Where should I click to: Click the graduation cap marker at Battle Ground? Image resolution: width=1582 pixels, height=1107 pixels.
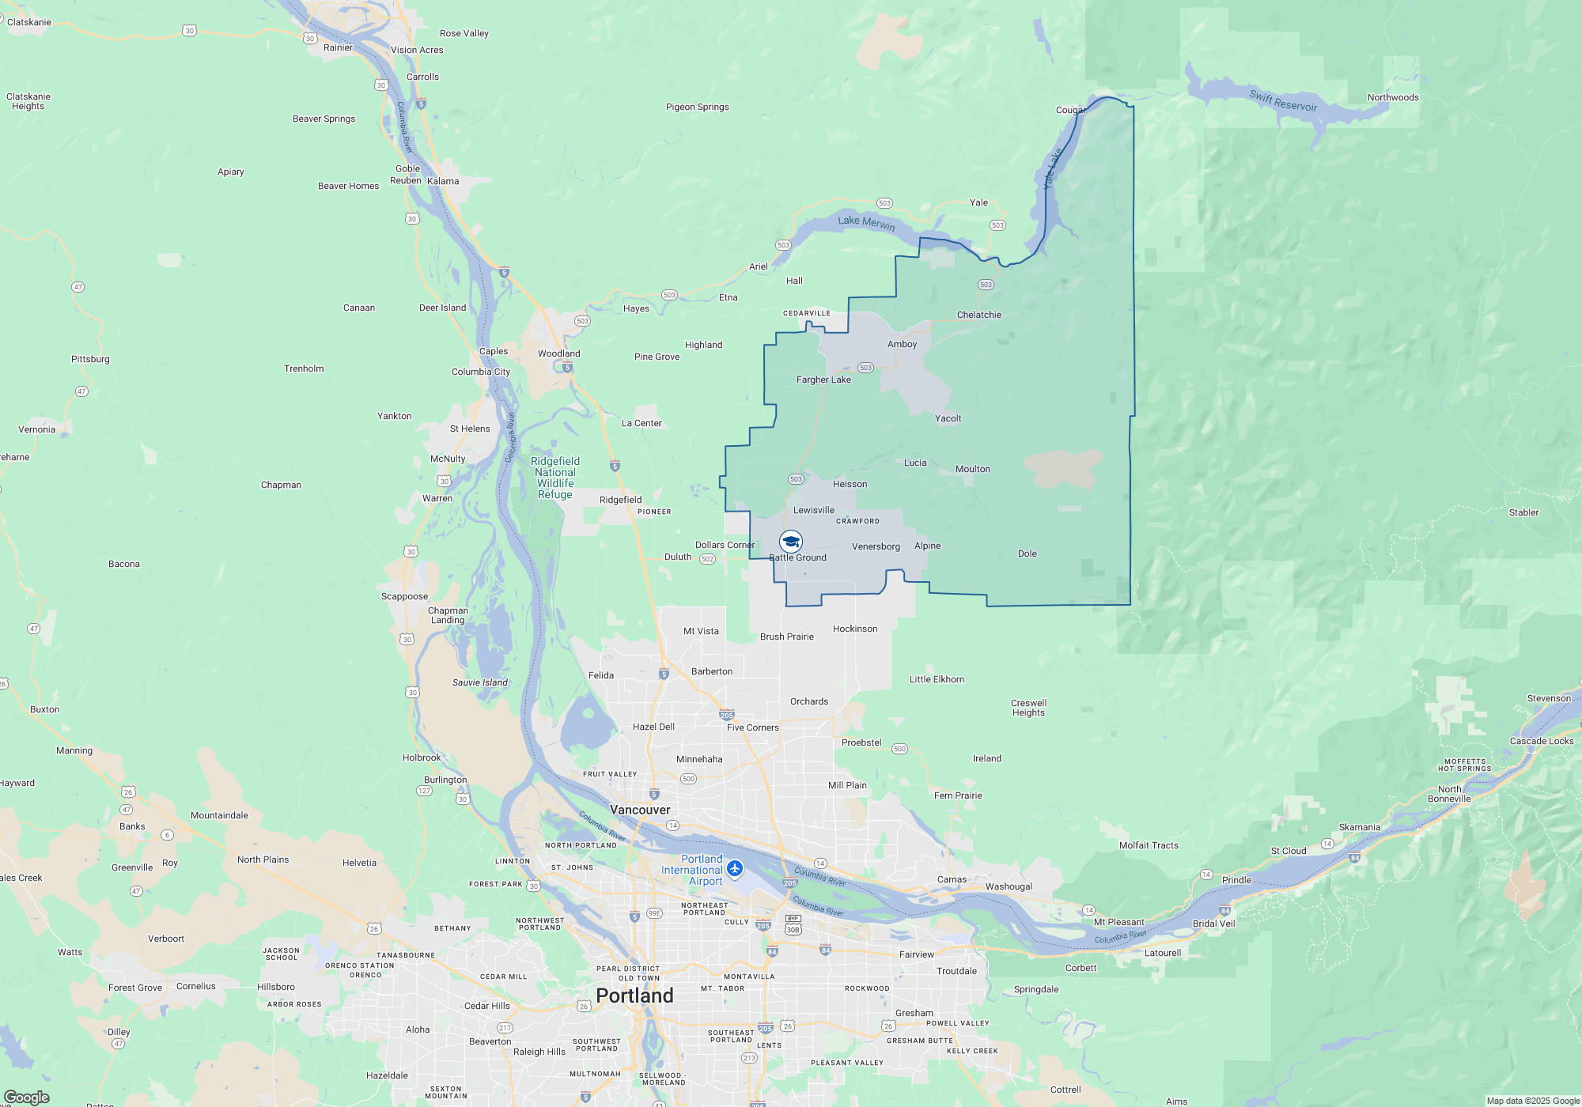791,542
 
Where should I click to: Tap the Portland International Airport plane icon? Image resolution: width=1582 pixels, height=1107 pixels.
735,869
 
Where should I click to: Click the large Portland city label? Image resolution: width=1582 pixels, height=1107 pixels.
634,996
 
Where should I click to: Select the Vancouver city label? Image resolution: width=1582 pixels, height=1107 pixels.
640,810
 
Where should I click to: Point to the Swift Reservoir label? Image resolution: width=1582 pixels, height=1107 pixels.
1283,101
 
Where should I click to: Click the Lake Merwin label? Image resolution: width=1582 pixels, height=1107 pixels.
866,223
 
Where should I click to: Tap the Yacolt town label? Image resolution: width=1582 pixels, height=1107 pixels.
948,418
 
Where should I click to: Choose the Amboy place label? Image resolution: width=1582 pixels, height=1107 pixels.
902,344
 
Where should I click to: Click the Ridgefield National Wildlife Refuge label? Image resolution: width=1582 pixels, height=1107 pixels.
555,478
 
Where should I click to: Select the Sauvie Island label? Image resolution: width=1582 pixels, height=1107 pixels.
480,682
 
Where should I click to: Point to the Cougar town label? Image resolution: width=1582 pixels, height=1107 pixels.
1070,110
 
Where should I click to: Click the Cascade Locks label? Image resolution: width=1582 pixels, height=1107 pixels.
1541,741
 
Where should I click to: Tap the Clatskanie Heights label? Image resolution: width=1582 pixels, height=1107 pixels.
28,101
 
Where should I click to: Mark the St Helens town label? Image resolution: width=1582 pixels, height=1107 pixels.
470,429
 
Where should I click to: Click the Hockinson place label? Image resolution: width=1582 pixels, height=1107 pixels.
855,629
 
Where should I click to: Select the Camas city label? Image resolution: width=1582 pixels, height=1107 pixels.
952,879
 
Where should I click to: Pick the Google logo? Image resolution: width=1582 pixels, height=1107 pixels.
27,1097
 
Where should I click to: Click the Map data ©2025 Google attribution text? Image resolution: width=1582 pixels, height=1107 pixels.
1532,1101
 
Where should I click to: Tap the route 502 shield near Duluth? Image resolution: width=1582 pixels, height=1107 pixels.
707,559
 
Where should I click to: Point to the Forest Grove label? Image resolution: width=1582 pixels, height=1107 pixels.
135,988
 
